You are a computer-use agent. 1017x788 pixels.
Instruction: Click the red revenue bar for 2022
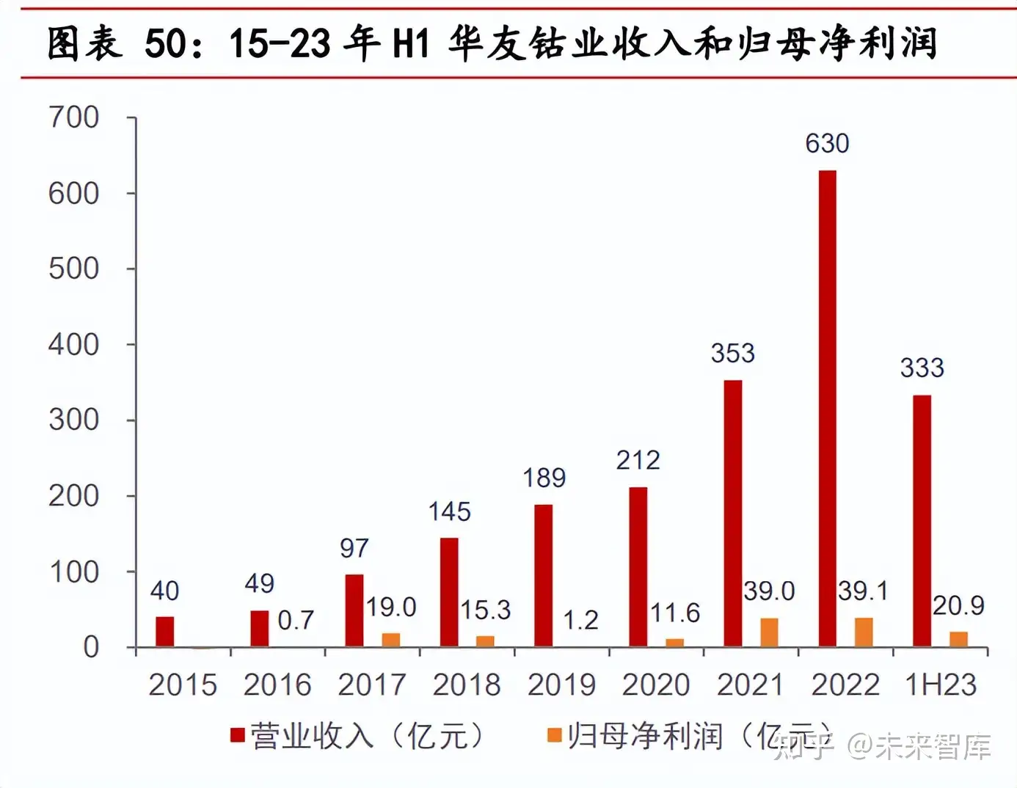(827, 408)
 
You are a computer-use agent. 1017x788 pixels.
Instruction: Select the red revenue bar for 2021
(732, 513)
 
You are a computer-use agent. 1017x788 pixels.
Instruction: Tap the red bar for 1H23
(922, 520)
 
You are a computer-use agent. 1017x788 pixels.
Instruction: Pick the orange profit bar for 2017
(391, 640)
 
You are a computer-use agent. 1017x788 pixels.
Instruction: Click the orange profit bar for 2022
(864, 632)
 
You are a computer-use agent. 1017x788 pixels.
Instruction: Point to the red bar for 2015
(165, 632)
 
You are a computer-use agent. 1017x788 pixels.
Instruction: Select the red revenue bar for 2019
(543, 575)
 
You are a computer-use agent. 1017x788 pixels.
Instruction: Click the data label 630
(827, 144)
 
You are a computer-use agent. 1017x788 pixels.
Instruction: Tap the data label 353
(732, 354)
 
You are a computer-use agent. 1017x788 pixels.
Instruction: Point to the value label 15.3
(485, 610)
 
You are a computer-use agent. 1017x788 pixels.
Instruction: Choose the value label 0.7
(296, 621)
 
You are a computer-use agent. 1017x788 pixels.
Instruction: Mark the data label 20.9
(958, 605)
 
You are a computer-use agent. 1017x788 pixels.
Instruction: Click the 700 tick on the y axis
(73, 117)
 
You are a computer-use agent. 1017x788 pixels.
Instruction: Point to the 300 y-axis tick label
(73, 420)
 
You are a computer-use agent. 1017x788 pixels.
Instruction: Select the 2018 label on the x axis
(467, 685)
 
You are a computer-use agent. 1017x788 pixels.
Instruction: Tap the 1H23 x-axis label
(941, 685)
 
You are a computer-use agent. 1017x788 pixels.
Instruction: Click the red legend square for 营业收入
(237, 735)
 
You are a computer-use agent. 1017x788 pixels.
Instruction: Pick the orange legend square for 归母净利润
(555, 735)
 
